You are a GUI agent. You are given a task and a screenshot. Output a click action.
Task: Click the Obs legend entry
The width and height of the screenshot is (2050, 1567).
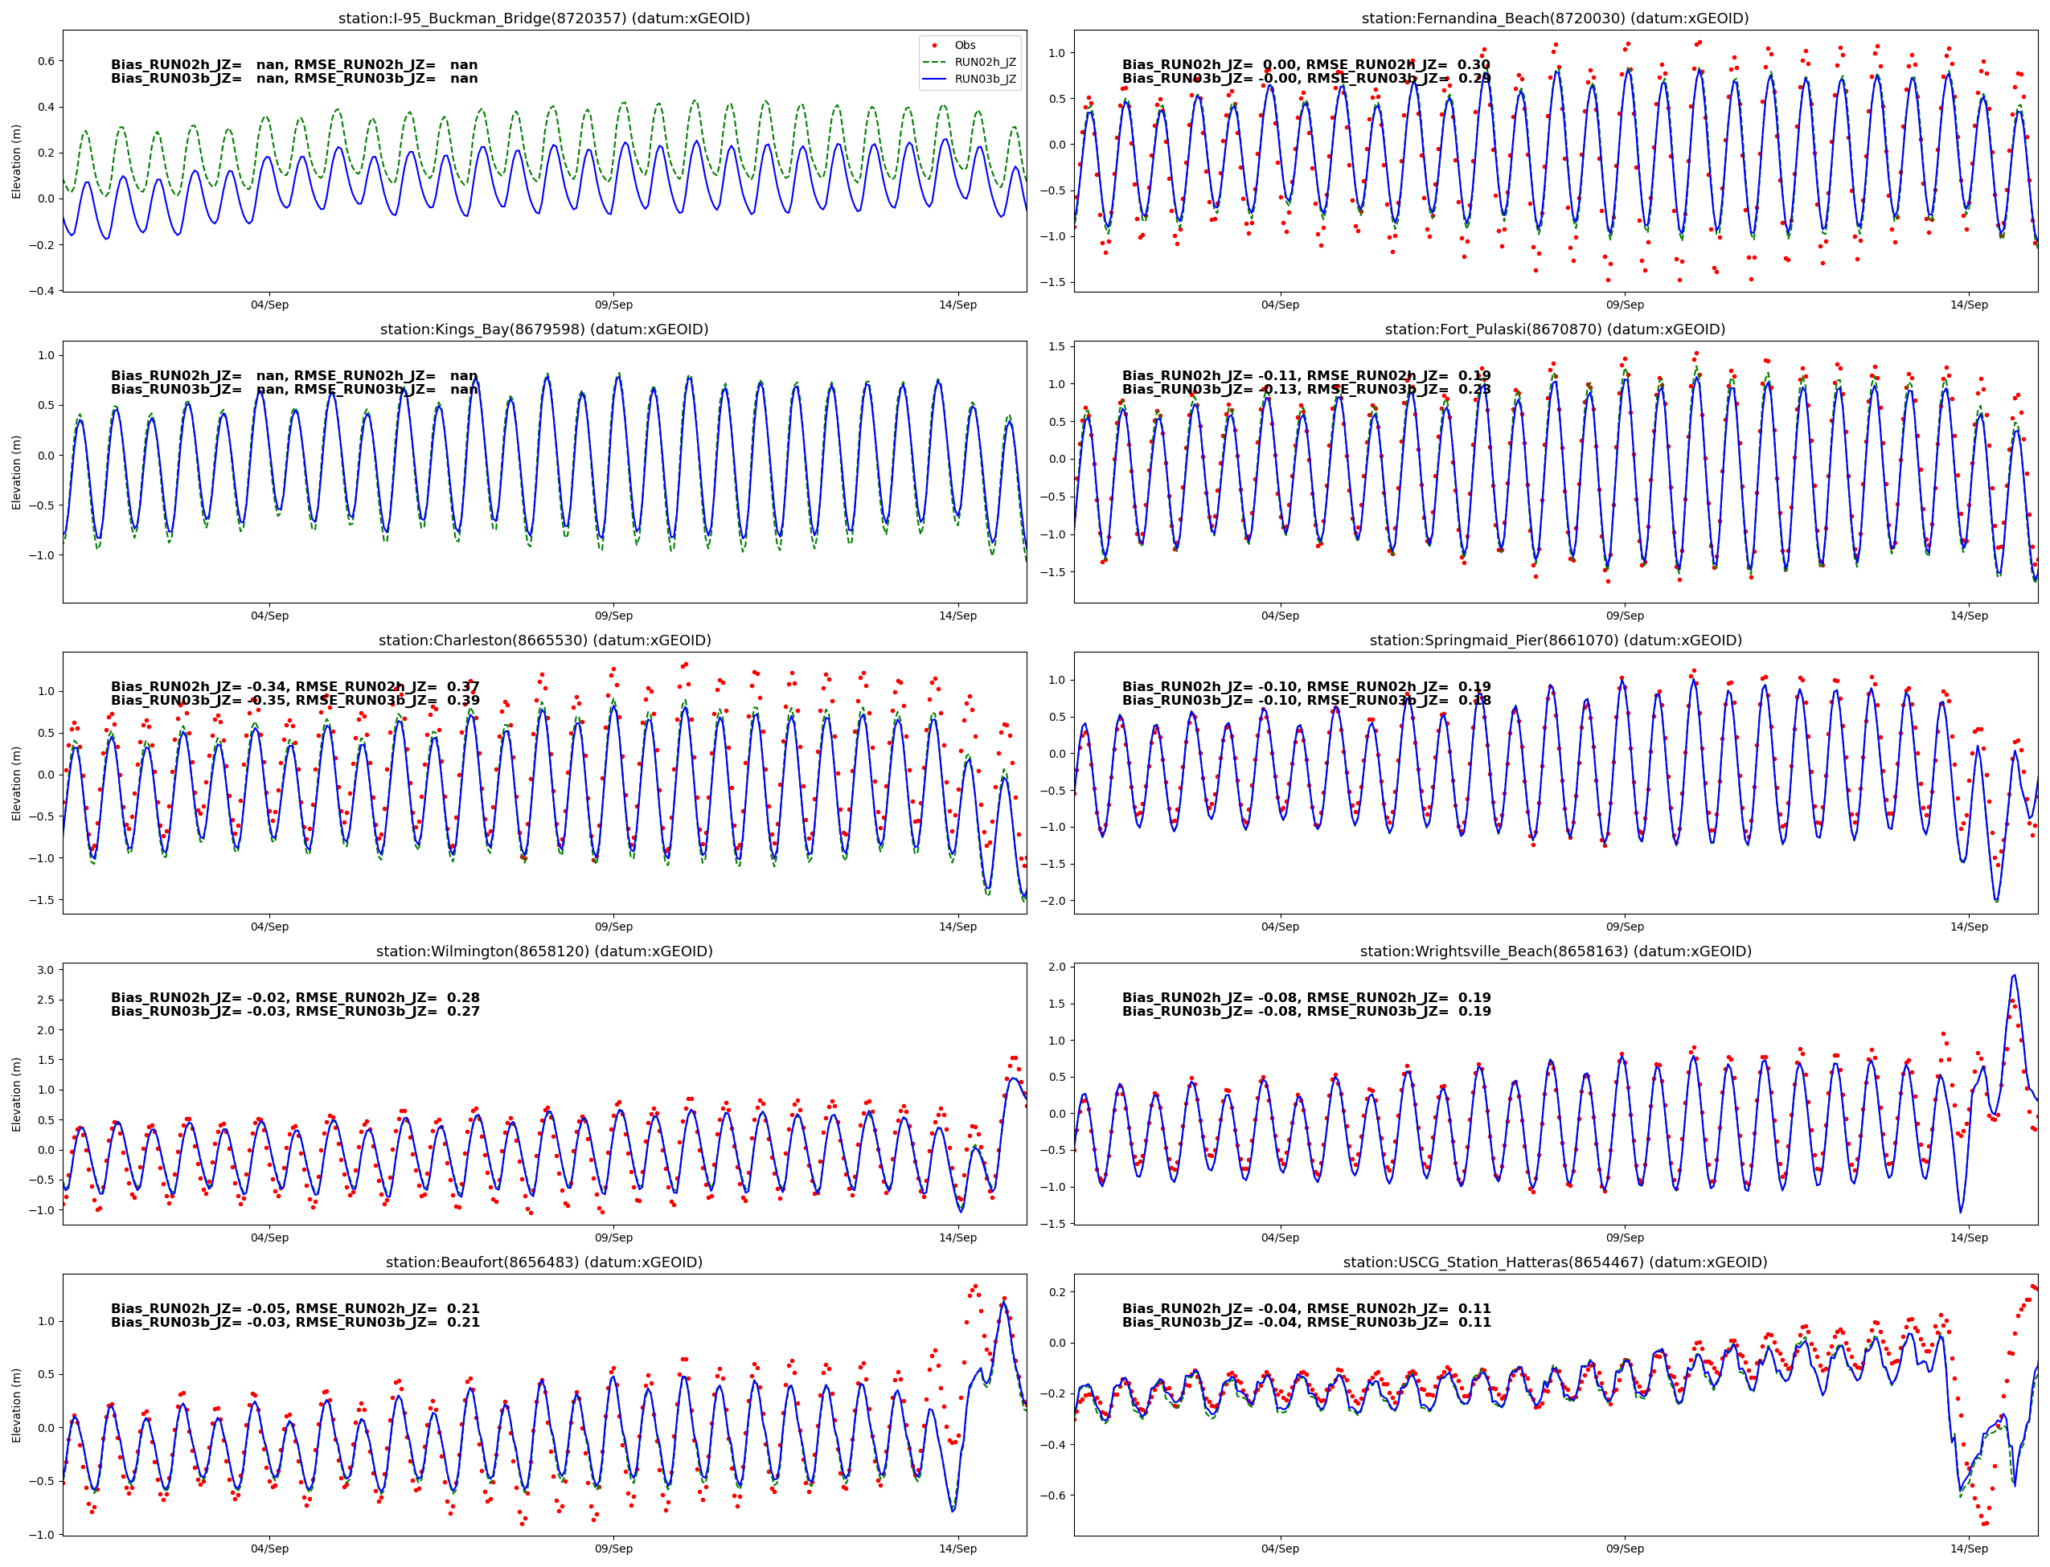[x=964, y=45]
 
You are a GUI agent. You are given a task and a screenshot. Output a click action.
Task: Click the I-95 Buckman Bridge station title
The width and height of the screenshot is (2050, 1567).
[x=544, y=18]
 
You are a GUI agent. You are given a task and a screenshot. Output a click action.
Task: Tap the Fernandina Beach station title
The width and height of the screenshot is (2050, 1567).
[x=1555, y=18]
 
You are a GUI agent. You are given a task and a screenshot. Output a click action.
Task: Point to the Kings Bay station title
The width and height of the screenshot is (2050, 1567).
[x=544, y=329]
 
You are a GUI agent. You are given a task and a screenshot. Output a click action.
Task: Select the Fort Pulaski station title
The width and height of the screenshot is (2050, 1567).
[x=1555, y=329]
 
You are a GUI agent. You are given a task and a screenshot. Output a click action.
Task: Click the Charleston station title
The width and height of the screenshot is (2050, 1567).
[x=544, y=640]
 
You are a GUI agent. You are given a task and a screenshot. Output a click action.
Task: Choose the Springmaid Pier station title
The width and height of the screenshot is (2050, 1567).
[x=1555, y=640]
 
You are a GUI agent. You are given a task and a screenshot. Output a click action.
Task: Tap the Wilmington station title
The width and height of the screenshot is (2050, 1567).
[x=544, y=951]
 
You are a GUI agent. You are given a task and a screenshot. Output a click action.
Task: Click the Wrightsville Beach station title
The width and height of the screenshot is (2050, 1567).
[x=1555, y=951]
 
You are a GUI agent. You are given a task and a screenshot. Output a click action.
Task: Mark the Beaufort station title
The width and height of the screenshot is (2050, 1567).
[x=544, y=1262]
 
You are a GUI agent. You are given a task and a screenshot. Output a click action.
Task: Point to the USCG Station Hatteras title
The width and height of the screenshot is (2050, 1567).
[x=1555, y=1262]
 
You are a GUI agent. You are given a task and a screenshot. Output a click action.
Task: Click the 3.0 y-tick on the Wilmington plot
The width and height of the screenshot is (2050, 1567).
[x=46, y=970]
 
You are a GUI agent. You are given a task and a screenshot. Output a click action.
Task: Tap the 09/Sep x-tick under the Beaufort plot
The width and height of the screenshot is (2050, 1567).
[x=613, y=1549]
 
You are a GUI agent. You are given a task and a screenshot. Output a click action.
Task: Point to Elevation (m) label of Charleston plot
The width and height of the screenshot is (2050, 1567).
[x=16, y=783]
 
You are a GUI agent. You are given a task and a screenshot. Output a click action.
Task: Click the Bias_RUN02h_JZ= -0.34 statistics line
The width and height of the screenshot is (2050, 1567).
[x=295, y=686]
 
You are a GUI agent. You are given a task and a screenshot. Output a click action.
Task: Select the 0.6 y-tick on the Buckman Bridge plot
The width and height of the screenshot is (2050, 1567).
[x=46, y=60]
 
